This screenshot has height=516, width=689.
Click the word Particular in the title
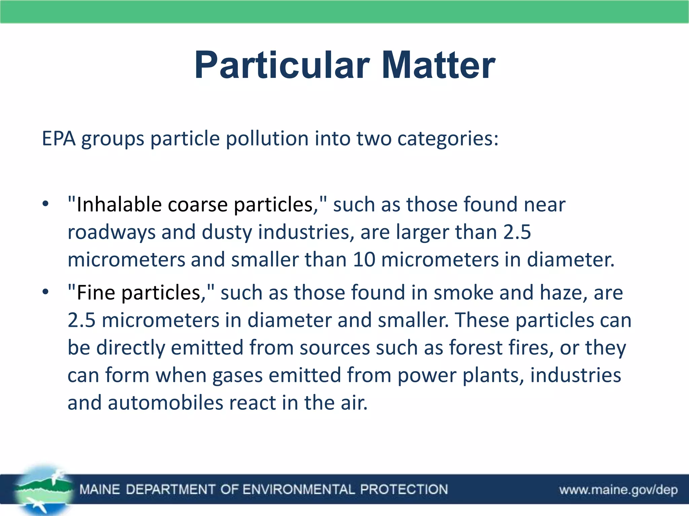tap(282, 66)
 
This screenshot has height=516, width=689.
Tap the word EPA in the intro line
tap(58, 138)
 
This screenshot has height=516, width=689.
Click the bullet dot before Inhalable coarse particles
tap(46, 204)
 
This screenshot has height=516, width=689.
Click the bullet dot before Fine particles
tap(46, 292)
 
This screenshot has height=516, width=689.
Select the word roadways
tap(111, 232)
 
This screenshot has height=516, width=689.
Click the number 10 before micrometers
tap(364, 260)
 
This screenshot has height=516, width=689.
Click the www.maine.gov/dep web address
tap(618, 490)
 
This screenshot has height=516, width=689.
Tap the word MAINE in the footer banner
tap(100, 489)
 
